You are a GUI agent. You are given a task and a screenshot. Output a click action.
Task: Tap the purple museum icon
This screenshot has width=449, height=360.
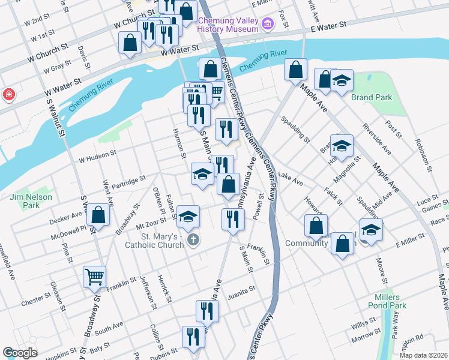click(x=268, y=23)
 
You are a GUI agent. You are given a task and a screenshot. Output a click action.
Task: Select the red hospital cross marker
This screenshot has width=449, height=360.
click(x=8, y=95)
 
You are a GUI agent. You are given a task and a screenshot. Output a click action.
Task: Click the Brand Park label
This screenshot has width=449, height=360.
click(x=371, y=97)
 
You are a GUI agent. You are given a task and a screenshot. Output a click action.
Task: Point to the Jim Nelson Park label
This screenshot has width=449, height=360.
click(x=31, y=201)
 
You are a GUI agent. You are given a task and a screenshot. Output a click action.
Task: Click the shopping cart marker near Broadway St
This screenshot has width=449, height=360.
click(x=94, y=277)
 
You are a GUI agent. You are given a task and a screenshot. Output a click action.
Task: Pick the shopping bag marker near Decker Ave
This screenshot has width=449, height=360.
click(x=98, y=214)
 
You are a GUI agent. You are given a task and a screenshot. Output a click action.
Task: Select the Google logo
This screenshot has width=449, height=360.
click(x=20, y=353)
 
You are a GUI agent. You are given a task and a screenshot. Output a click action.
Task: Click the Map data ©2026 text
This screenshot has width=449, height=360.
click(x=423, y=355)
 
